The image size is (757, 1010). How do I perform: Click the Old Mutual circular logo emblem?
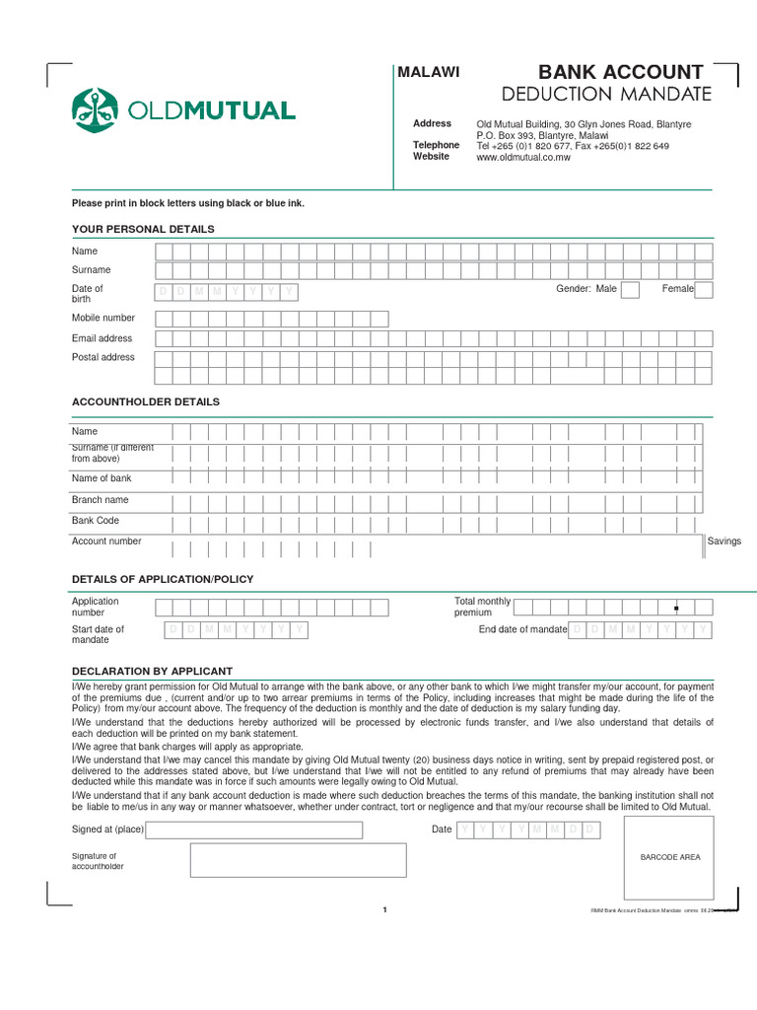point(95,109)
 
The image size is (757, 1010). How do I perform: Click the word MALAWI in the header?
point(428,72)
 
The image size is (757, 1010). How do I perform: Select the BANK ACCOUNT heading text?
point(620,72)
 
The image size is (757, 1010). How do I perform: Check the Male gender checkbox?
point(630,289)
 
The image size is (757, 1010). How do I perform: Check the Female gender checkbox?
point(704,289)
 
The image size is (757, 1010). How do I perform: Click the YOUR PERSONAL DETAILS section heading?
point(143,229)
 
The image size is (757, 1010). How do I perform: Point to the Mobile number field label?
point(103,318)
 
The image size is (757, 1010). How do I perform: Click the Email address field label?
point(102,338)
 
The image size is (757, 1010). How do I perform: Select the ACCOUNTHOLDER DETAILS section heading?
point(146,401)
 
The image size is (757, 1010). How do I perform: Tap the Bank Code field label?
point(96,520)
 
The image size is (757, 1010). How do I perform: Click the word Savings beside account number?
point(724,541)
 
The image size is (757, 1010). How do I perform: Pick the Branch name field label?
point(100,499)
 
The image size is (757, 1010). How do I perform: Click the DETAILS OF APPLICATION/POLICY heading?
point(163,579)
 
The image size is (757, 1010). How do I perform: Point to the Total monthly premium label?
point(482,607)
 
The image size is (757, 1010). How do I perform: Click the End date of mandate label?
point(522,629)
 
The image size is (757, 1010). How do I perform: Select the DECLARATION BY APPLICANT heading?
point(152,671)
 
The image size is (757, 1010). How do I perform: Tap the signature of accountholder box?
point(298,860)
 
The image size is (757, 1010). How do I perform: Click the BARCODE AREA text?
point(670,857)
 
